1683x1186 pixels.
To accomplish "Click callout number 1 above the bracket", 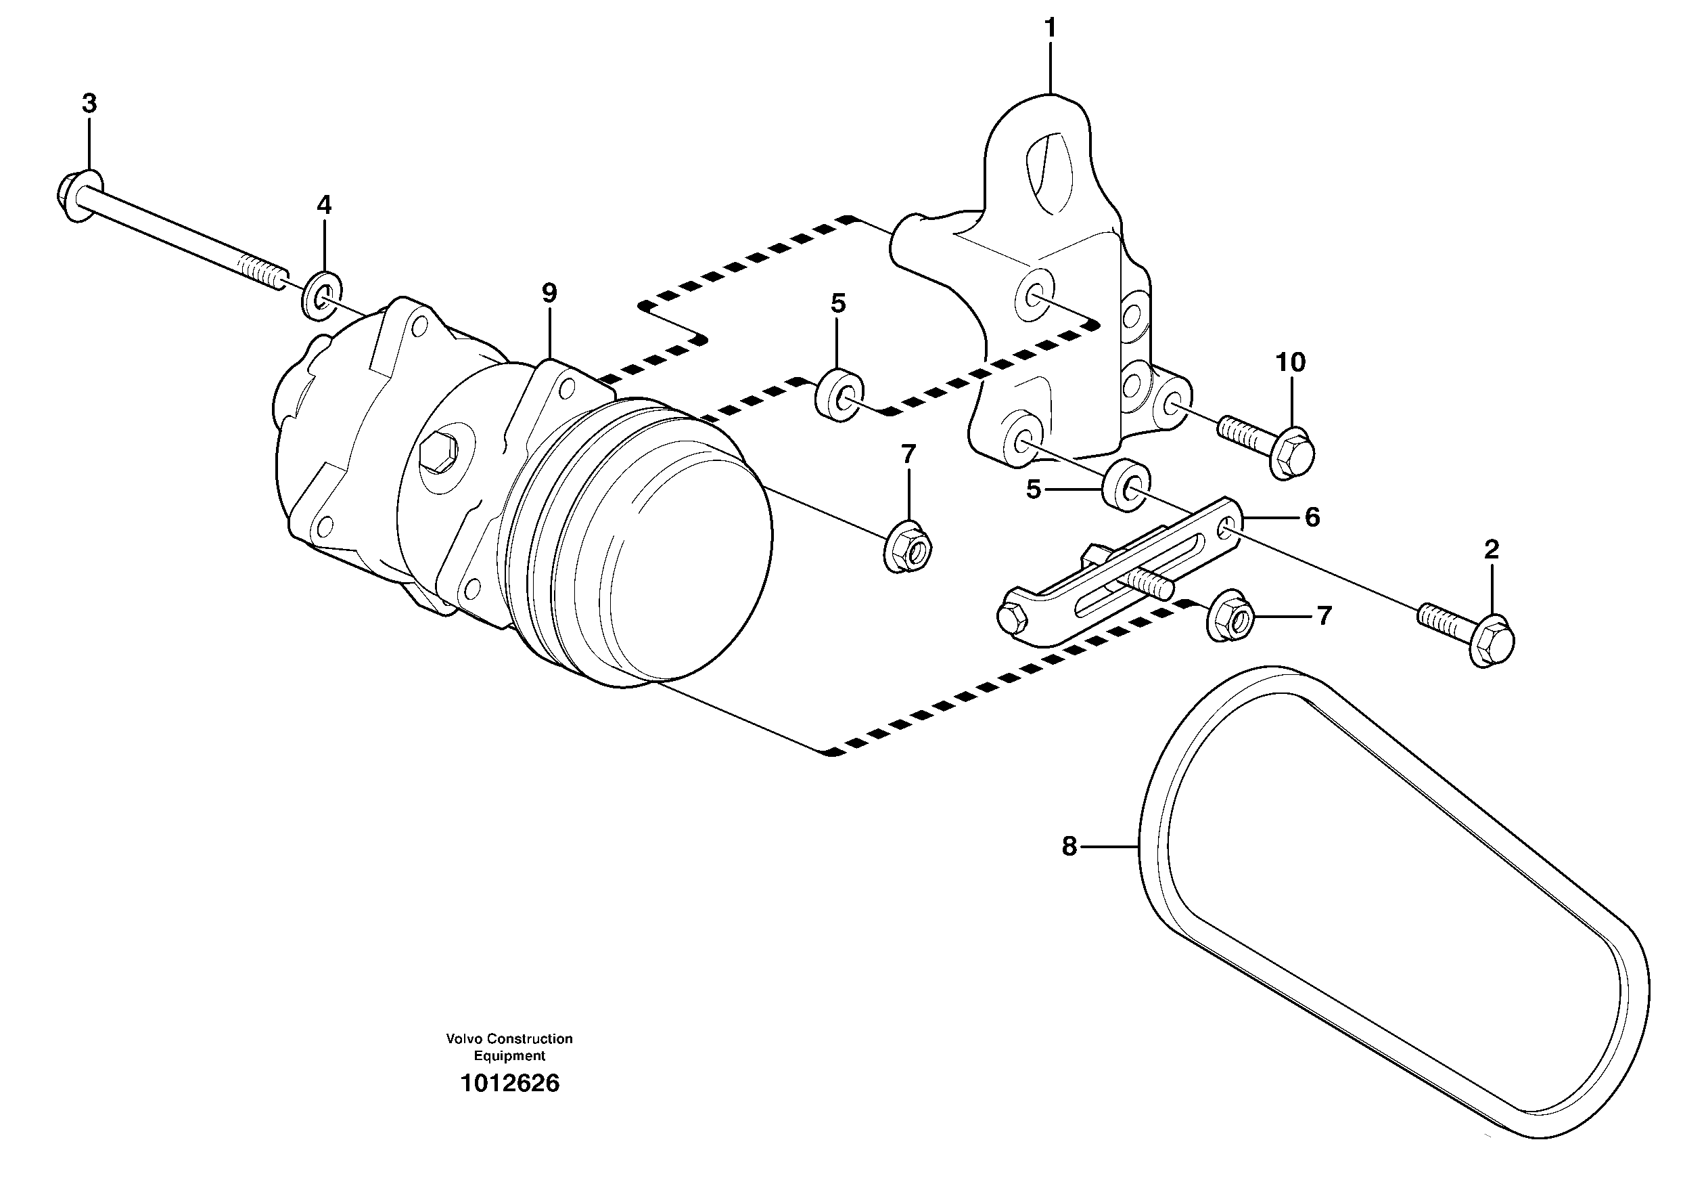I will [1051, 28].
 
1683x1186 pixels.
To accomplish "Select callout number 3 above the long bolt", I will [89, 104].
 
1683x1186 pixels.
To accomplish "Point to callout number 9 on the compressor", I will [549, 293].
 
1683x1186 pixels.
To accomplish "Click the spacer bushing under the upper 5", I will [839, 396].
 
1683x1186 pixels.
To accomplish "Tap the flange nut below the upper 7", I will [908, 547].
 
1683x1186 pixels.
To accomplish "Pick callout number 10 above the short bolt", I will [1290, 362].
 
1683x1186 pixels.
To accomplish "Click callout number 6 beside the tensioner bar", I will [1312, 518].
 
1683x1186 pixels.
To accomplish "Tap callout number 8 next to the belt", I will [1069, 847].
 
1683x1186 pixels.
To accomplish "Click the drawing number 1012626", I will [509, 1083].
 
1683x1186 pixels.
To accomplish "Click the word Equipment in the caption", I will [509, 1056].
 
